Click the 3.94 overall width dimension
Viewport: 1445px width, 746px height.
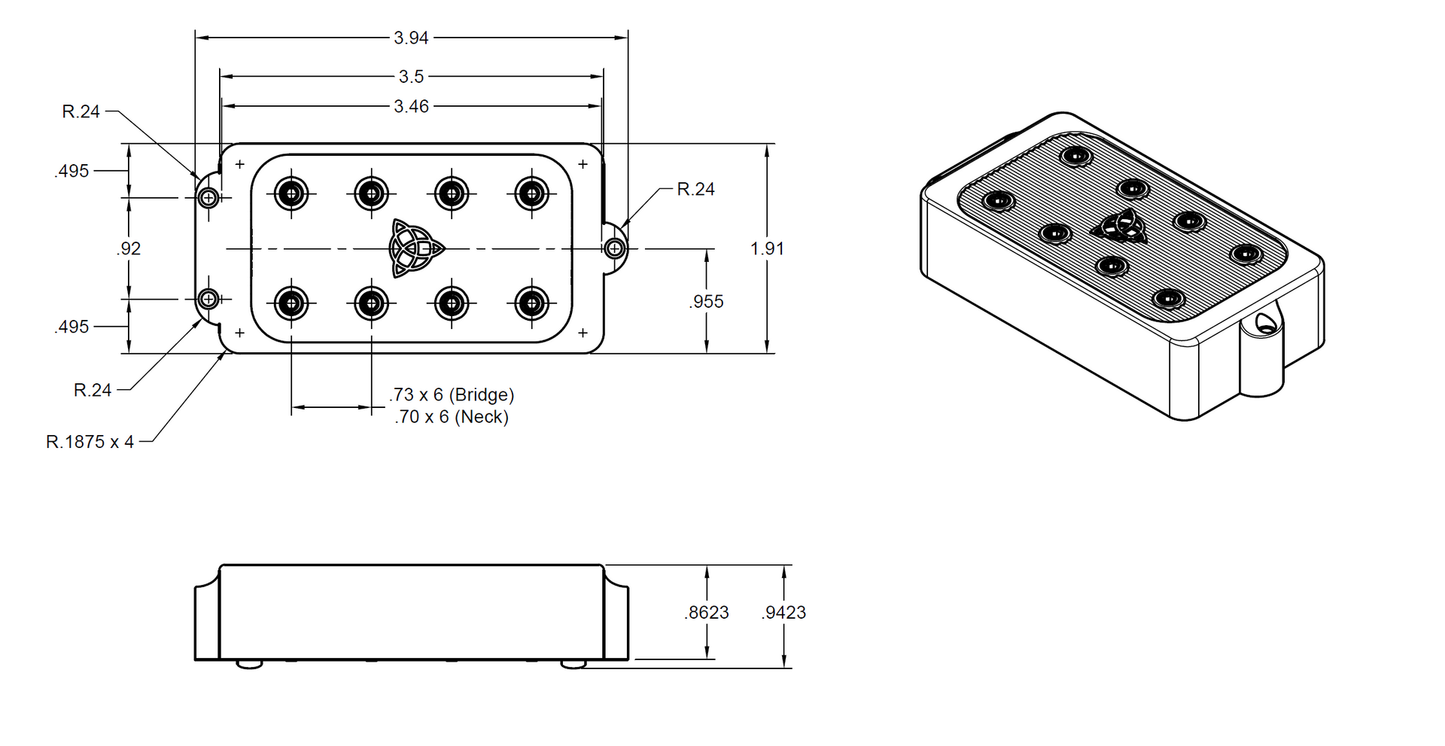click(x=411, y=38)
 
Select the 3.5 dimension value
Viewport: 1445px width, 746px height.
click(x=411, y=76)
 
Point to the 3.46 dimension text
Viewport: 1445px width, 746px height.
click(x=411, y=106)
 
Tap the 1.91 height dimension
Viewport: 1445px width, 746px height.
click(x=767, y=248)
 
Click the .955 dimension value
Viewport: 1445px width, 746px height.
click(x=706, y=301)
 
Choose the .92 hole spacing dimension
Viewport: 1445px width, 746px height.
click(x=129, y=248)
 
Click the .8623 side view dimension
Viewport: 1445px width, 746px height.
click(x=707, y=613)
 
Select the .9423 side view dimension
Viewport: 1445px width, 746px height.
click(x=783, y=613)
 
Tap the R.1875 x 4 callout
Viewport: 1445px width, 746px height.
click(x=90, y=442)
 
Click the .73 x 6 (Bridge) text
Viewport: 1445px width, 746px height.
click(x=452, y=394)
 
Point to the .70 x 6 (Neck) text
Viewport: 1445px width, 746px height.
click(x=452, y=416)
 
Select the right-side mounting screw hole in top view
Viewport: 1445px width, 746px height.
click(x=615, y=248)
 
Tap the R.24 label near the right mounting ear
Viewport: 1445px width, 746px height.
click(x=695, y=189)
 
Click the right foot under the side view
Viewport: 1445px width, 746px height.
click(x=573, y=664)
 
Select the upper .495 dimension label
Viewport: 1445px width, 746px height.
click(x=71, y=171)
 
